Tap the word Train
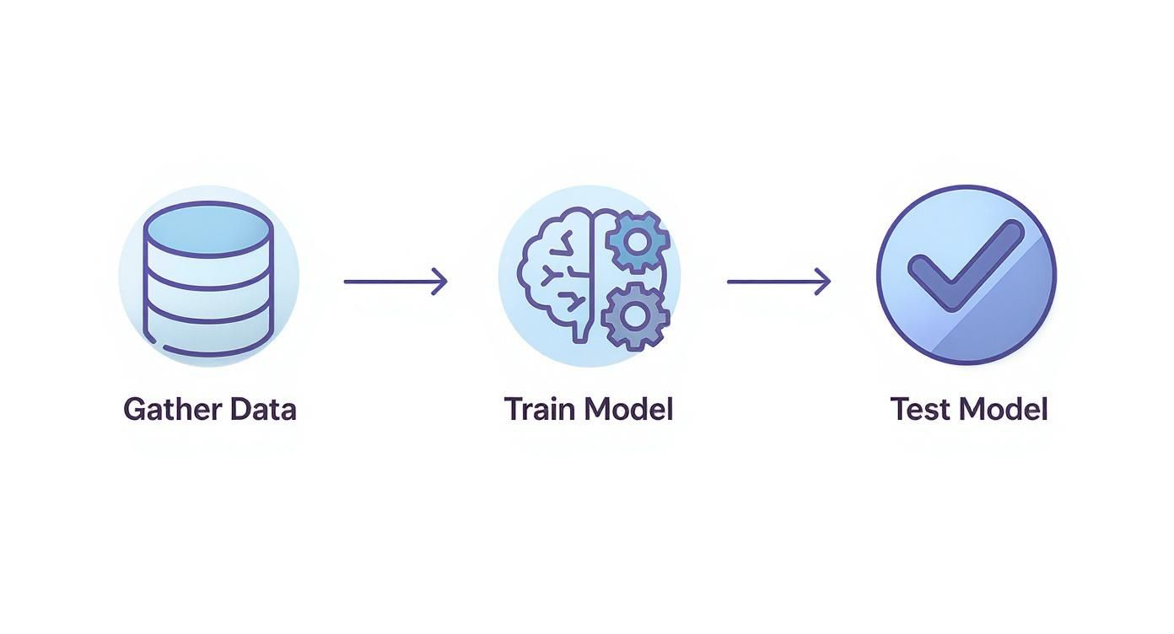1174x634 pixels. click(540, 410)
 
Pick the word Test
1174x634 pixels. click(921, 410)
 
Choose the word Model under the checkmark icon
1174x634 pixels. click(1004, 410)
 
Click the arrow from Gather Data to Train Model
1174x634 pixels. click(395, 282)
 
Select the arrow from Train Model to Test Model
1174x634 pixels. click(778, 282)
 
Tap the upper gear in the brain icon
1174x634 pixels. click(638, 241)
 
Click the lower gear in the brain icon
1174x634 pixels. click(636, 316)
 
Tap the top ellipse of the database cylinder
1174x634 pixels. click(208, 228)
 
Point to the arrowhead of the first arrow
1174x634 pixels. click(439, 282)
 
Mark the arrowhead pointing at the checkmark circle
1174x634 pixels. click(823, 282)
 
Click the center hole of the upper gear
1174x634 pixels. click(638, 241)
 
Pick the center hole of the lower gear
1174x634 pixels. click(636, 316)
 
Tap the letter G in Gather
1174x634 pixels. click(134, 410)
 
